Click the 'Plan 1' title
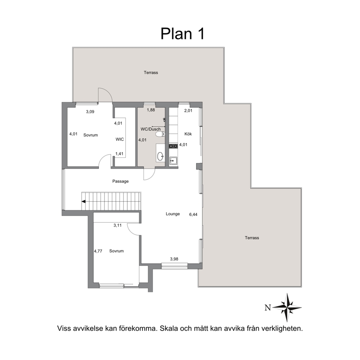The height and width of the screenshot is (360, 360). [x=182, y=34]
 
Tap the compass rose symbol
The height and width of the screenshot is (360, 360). [x=287, y=307]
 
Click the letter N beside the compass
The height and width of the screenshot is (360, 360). [x=268, y=308]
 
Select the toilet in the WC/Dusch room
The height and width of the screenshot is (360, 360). [x=160, y=134]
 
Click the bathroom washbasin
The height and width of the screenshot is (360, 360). [x=160, y=156]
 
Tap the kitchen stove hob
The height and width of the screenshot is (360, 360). [x=173, y=146]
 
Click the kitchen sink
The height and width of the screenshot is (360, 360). [x=173, y=161]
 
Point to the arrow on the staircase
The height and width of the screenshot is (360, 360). [x=83, y=201]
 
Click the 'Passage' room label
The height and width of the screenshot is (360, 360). [x=120, y=181]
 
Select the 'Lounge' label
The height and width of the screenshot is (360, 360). [x=173, y=214]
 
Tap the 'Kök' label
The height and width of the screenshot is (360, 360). [x=188, y=134]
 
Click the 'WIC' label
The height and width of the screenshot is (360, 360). [x=120, y=139]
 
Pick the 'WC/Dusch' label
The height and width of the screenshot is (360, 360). [x=151, y=129]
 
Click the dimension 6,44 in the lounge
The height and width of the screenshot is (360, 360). [x=193, y=214]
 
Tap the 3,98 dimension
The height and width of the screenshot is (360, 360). [x=174, y=259]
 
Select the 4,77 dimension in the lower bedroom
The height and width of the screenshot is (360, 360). [x=98, y=251]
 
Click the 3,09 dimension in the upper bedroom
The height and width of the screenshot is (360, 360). [x=90, y=112]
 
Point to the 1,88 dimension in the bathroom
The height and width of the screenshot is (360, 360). [x=151, y=110]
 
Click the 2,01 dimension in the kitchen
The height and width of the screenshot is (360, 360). [x=188, y=111]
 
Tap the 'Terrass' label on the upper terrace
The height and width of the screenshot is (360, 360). [x=151, y=73]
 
